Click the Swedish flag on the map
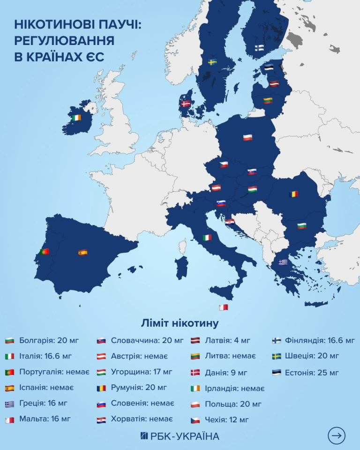(x=212, y=62)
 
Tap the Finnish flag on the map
(x=259, y=47)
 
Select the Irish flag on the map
(x=77, y=118)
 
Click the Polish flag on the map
(x=247, y=137)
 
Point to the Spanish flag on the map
(x=83, y=253)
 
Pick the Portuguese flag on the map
(x=45, y=251)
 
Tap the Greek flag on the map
(x=283, y=262)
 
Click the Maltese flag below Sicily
(x=224, y=307)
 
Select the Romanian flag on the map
(x=294, y=194)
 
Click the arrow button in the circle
(x=337, y=435)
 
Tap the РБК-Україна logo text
(x=180, y=436)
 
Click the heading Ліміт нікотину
(x=180, y=323)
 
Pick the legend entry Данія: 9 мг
(x=225, y=373)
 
